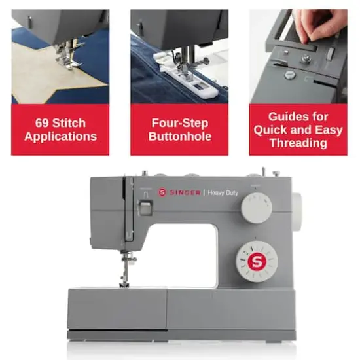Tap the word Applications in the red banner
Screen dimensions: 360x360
(60, 137)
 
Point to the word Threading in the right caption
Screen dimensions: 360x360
(298, 143)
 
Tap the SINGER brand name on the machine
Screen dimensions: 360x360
(185, 192)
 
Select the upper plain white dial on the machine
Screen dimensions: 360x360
(256, 209)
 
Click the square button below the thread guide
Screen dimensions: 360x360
(146, 208)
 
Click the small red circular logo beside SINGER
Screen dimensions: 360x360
(162, 192)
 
